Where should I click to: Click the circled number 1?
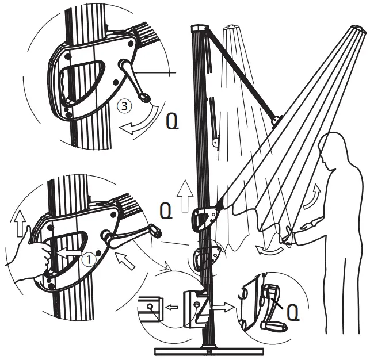[87, 259]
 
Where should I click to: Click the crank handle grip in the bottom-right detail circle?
[273, 325]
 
